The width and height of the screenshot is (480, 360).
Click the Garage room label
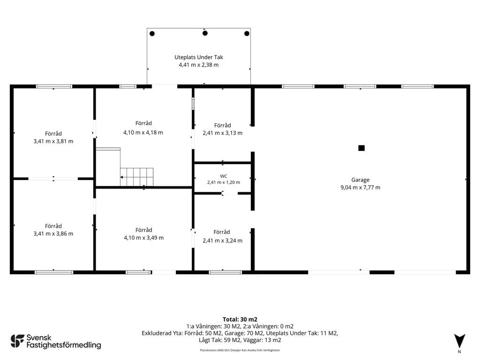click(360, 180)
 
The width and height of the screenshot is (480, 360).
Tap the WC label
click(224, 176)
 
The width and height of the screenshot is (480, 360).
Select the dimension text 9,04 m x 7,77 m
click(360, 187)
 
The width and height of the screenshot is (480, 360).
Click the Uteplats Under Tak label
click(199, 57)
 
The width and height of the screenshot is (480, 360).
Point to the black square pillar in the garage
click(361, 148)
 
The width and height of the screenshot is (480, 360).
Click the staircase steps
click(136, 177)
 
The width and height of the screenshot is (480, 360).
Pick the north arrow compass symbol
click(459, 341)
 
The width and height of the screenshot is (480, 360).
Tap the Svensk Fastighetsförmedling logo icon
click(17, 341)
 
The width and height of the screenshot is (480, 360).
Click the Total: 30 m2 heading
click(240, 320)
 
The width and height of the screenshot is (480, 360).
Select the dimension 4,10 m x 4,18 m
click(143, 133)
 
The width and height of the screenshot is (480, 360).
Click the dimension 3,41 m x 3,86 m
click(53, 233)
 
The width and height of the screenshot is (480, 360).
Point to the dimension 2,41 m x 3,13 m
click(223, 133)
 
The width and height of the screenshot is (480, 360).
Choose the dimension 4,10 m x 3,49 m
click(143, 238)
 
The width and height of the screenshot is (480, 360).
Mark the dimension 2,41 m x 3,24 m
click(223, 240)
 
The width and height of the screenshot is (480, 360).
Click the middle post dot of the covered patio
click(205, 33)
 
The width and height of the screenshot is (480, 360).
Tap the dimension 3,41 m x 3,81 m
click(53, 141)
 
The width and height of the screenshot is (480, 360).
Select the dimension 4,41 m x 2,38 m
click(199, 65)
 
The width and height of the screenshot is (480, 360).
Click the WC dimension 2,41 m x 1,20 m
click(224, 182)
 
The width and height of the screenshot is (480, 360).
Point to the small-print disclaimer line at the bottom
click(240, 350)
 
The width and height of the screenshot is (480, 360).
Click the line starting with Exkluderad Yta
click(240, 333)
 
